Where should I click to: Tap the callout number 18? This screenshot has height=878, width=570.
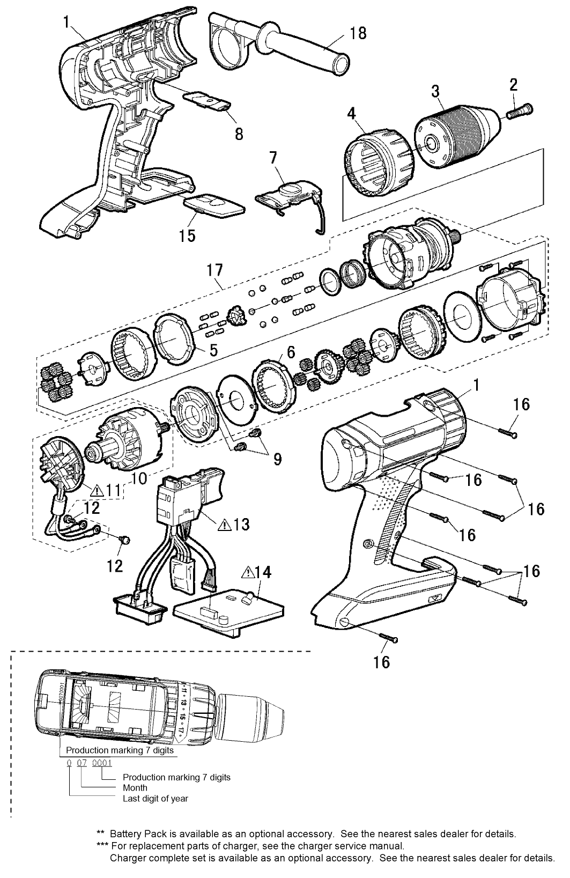[358, 33]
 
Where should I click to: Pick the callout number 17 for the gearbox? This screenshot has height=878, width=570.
[215, 269]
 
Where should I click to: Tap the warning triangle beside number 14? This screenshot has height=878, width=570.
[248, 573]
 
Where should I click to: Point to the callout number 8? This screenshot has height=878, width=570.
[239, 133]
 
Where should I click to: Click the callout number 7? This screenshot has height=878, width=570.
[273, 158]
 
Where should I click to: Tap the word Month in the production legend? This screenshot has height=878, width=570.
[135, 788]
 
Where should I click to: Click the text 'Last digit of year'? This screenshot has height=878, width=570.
[156, 799]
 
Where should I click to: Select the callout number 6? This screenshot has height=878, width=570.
[290, 352]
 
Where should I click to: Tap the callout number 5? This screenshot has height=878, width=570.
[213, 351]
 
